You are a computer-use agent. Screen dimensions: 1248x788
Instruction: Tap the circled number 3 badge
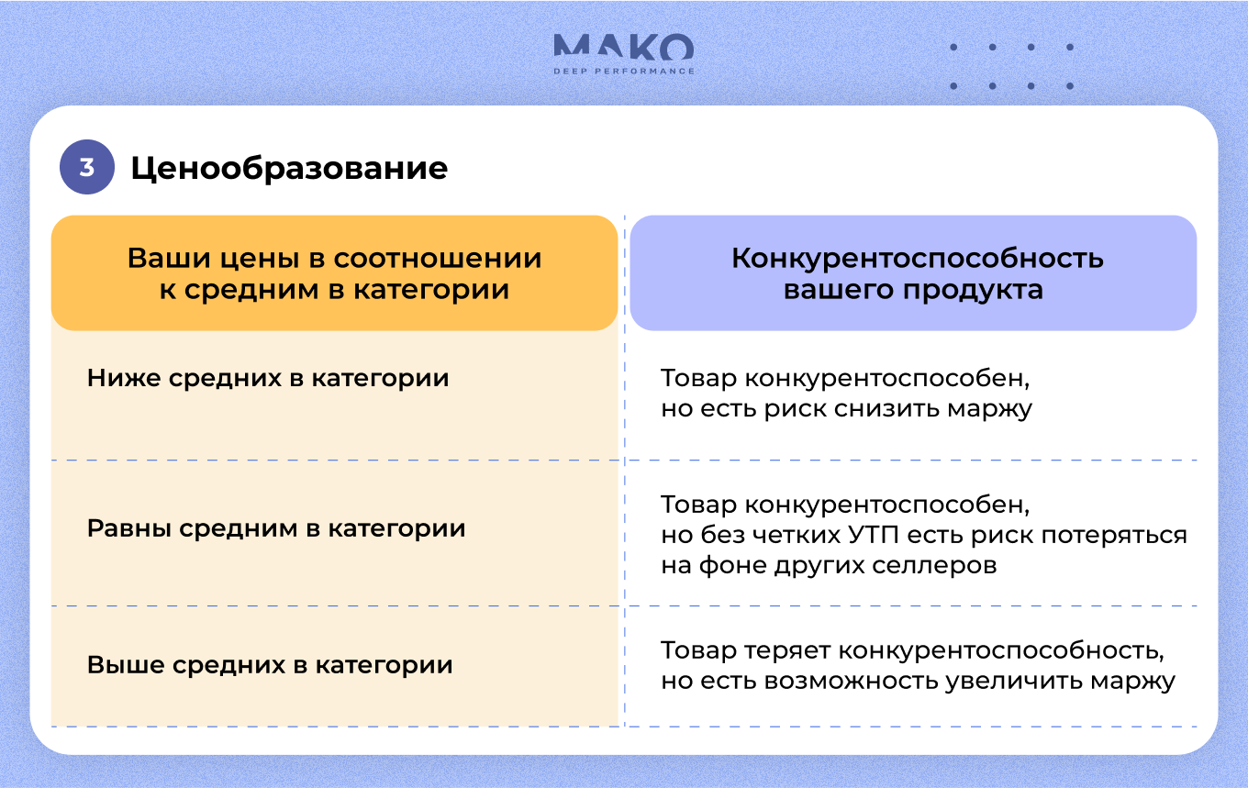pos(87,167)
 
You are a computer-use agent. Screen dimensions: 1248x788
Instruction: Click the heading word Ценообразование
pos(289,169)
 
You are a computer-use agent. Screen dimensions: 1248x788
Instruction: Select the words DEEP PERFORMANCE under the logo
pos(624,72)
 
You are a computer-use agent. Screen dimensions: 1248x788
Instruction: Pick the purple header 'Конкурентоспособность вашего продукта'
pos(914,273)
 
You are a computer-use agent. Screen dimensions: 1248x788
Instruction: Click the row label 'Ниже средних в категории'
pos(268,378)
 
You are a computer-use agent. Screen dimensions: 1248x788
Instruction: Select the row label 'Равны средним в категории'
pos(276,528)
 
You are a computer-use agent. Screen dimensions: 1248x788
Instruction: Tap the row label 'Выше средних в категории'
pos(270,665)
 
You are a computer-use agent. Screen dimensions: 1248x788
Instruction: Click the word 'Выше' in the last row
pos(126,665)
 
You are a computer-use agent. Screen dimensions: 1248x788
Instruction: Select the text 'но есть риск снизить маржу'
pos(846,409)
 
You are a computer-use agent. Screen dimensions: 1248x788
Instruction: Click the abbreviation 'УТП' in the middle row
pos(874,535)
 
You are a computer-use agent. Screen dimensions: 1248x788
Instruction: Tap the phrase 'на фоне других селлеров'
pos(829,565)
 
